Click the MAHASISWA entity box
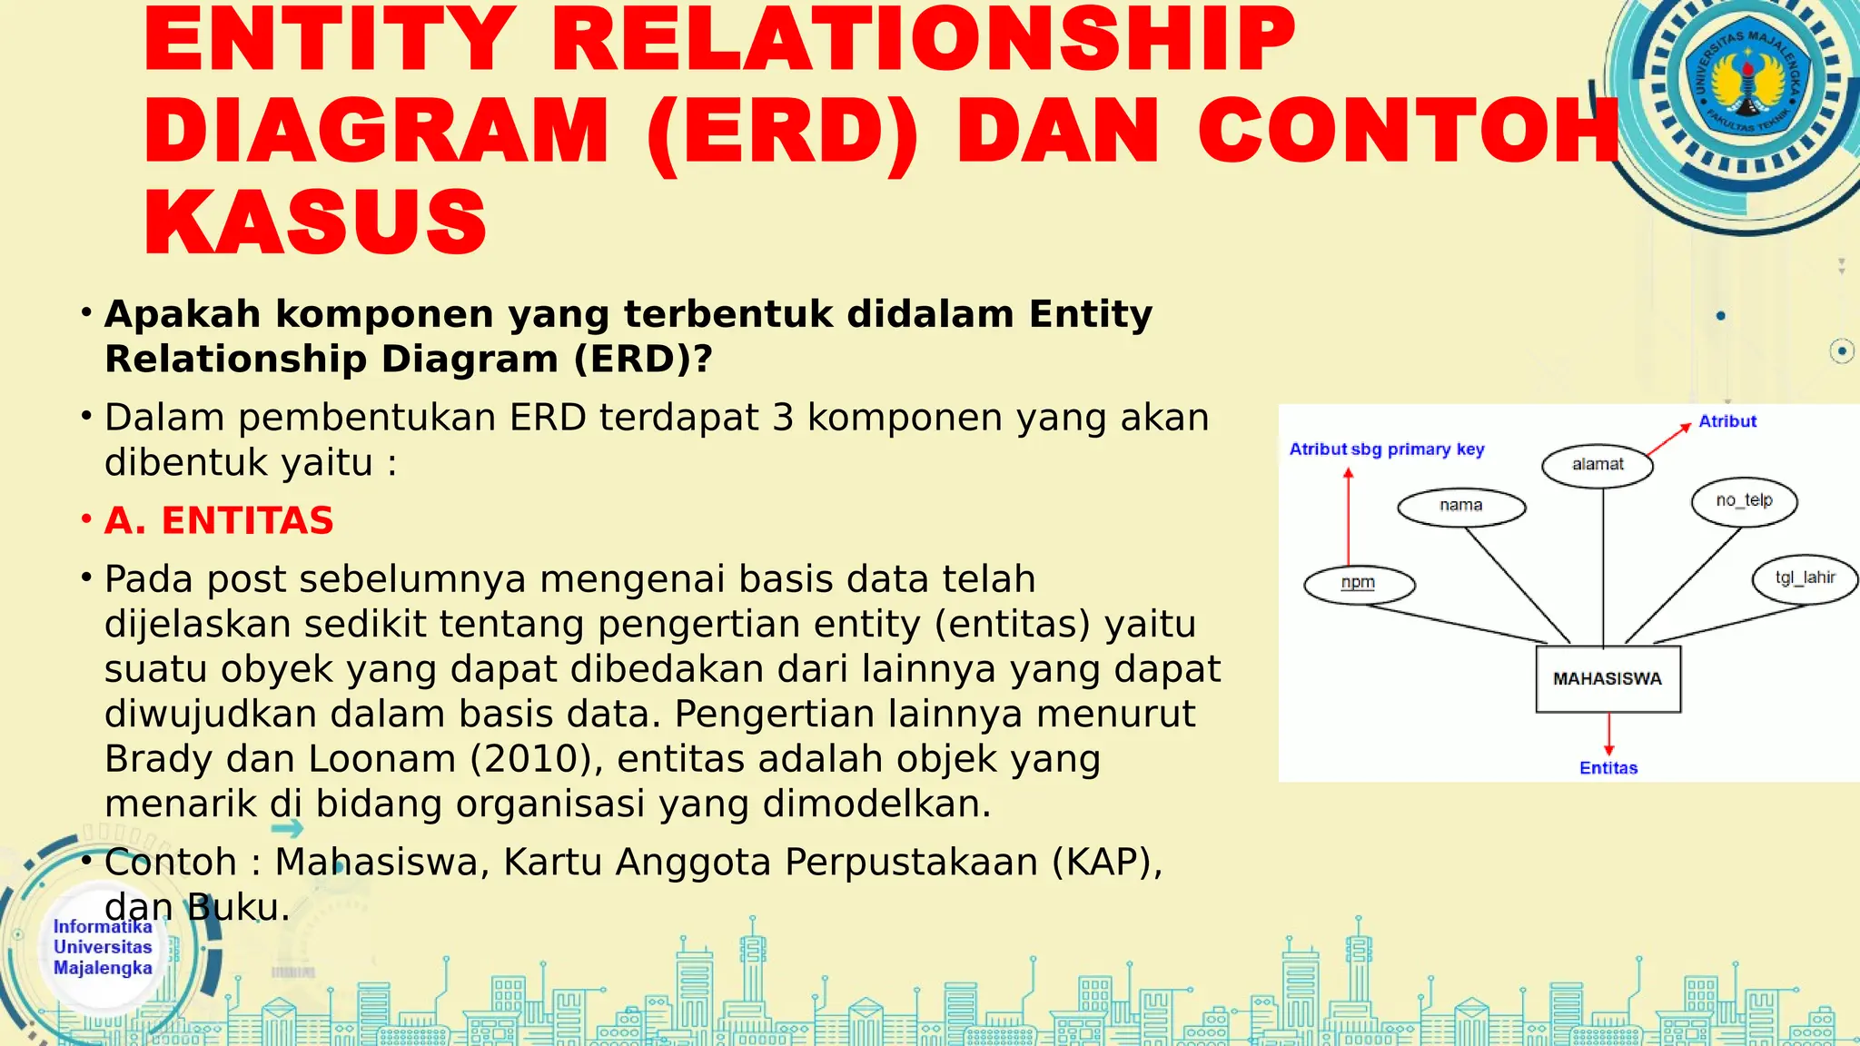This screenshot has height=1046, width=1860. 1608,679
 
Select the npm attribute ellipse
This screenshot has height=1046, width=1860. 1359,584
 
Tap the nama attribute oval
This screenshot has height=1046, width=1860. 1460,507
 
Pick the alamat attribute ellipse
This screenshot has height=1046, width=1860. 1598,466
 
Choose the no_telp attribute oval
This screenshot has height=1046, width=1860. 1744,501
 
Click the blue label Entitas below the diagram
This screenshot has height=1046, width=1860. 1608,768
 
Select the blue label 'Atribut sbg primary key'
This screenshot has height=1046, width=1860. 1387,449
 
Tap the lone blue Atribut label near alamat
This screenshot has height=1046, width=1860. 1727,421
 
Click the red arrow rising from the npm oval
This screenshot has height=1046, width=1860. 1349,518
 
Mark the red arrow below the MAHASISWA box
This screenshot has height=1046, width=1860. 1608,734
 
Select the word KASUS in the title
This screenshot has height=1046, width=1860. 315,222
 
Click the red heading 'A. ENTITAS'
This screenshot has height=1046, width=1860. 219,521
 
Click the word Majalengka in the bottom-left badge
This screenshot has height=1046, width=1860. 103,968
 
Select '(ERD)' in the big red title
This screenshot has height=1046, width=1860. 783,132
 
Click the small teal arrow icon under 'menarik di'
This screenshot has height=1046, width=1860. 288,828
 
